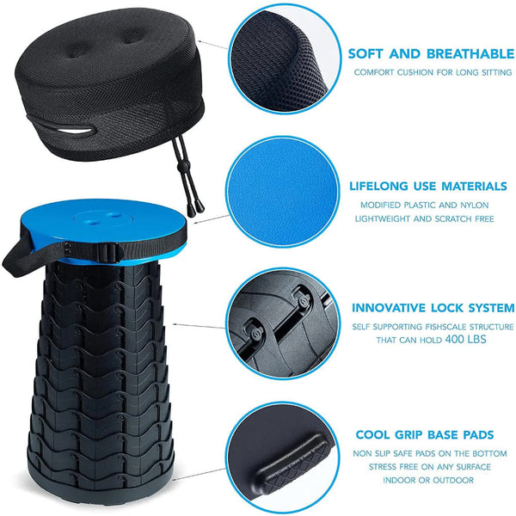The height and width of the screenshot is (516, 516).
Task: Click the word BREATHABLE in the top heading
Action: pyautogui.click(x=470, y=54)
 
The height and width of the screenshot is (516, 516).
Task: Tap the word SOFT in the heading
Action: pyautogui.click(x=365, y=54)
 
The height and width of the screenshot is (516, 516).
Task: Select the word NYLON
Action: pyautogui.click(x=474, y=205)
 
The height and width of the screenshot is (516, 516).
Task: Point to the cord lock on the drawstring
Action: pyautogui.click(x=181, y=167)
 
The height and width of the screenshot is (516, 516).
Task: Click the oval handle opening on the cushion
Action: pyautogui.click(x=75, y=132)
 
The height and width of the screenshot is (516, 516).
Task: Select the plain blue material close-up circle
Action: pyautogui.click(x=282, y=192)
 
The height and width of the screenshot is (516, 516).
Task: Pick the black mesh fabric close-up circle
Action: pyautogui.click(x=284, y=59)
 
